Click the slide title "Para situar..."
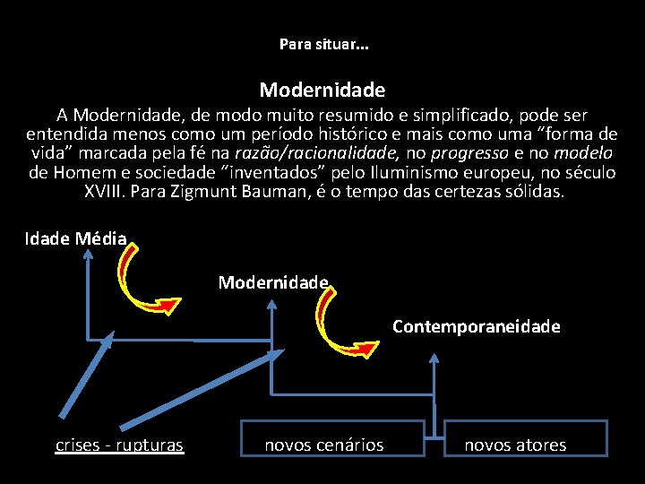(x=322, y=43)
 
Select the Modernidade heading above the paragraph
(x=322, y=90)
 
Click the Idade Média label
(x=76, y=238)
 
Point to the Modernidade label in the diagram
(x=273, y=282)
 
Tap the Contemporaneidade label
(x=477, y=326)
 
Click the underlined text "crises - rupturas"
(x=119, y=445)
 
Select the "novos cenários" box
(x=323, y=445)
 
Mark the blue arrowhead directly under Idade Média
(x=87, y=255)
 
